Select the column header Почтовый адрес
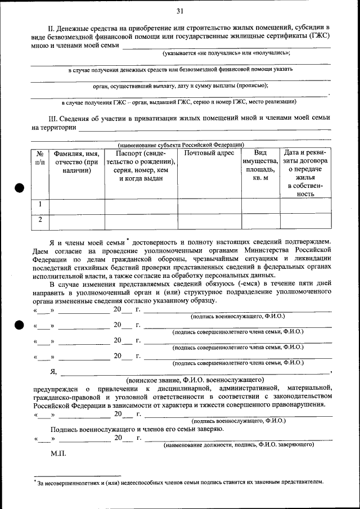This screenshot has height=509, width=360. pos(209,153)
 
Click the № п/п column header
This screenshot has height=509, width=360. pos(40,157)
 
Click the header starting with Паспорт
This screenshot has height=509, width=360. pos(141,165)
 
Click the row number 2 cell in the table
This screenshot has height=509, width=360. pos(40,220)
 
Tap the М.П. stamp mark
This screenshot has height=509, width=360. pos(58,453)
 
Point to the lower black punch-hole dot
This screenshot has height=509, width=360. pos(19,325)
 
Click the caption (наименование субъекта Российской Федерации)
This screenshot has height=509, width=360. pos(181,144)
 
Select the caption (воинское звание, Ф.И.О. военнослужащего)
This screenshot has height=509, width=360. pos(195,380)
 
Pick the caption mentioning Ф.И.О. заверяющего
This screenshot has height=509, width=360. pos(238,445)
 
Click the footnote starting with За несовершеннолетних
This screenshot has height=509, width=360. pos(180,482)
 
